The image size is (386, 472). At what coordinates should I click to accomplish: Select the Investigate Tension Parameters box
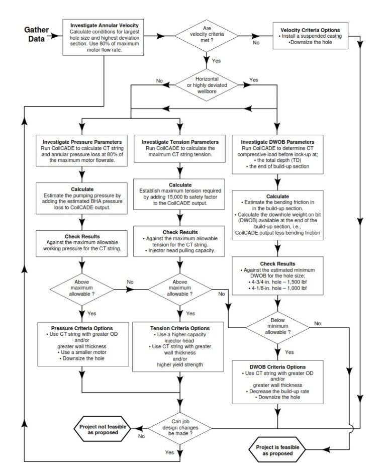pos(180,149)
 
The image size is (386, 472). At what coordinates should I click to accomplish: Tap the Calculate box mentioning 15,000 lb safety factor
pos(180,195)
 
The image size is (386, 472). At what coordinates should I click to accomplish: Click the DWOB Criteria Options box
pos(277,382)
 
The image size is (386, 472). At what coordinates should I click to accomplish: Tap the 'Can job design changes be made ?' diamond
pos(180,427)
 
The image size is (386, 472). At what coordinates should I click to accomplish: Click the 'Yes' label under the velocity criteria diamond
pos(217,61)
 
